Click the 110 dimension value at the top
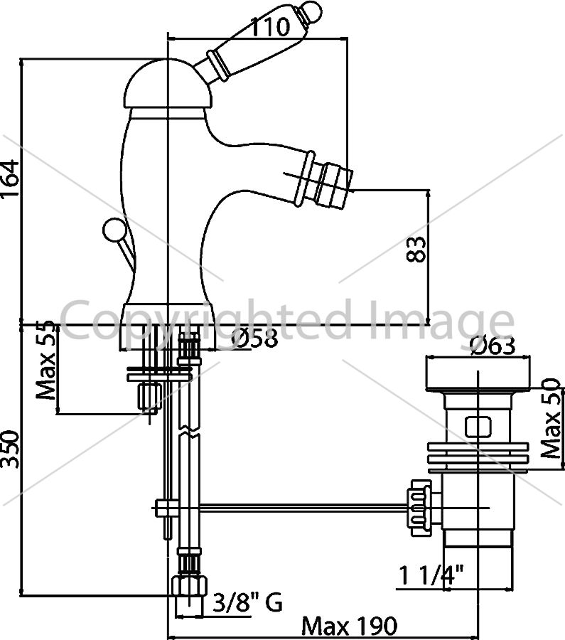(x=269, y=27)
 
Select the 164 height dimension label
(x=10, y=178)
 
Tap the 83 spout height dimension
(x=416, y=249)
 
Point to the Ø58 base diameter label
(x=254, y=338)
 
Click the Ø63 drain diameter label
(x=493, y=346)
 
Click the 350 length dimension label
(x=10, y=449)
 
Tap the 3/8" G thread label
(x=247, y=602)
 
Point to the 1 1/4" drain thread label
(x=431, y=575)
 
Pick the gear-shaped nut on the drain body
(x=418, y=507)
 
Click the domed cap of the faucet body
(x=168, y=85)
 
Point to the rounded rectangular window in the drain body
(x=478, y=427)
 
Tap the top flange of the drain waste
(x=478, y=374)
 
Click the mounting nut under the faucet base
(x=149, y=397)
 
